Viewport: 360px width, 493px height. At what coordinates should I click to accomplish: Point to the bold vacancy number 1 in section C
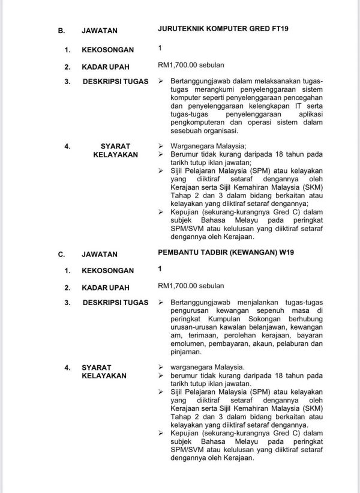[160, 269]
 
